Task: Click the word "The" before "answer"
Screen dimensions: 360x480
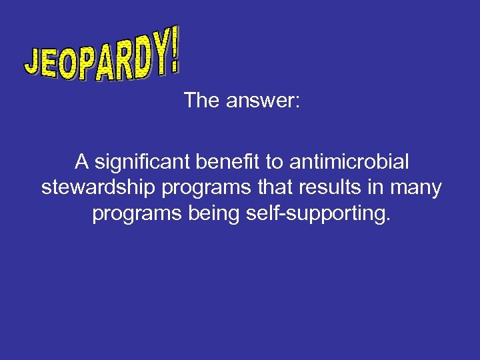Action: pyautogui.click(x=202, y=101)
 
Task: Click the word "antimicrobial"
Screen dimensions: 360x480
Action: pyautogui.click(x=350, y=162)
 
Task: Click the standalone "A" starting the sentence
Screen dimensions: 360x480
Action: pyautogui.click(x=81, y=162)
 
